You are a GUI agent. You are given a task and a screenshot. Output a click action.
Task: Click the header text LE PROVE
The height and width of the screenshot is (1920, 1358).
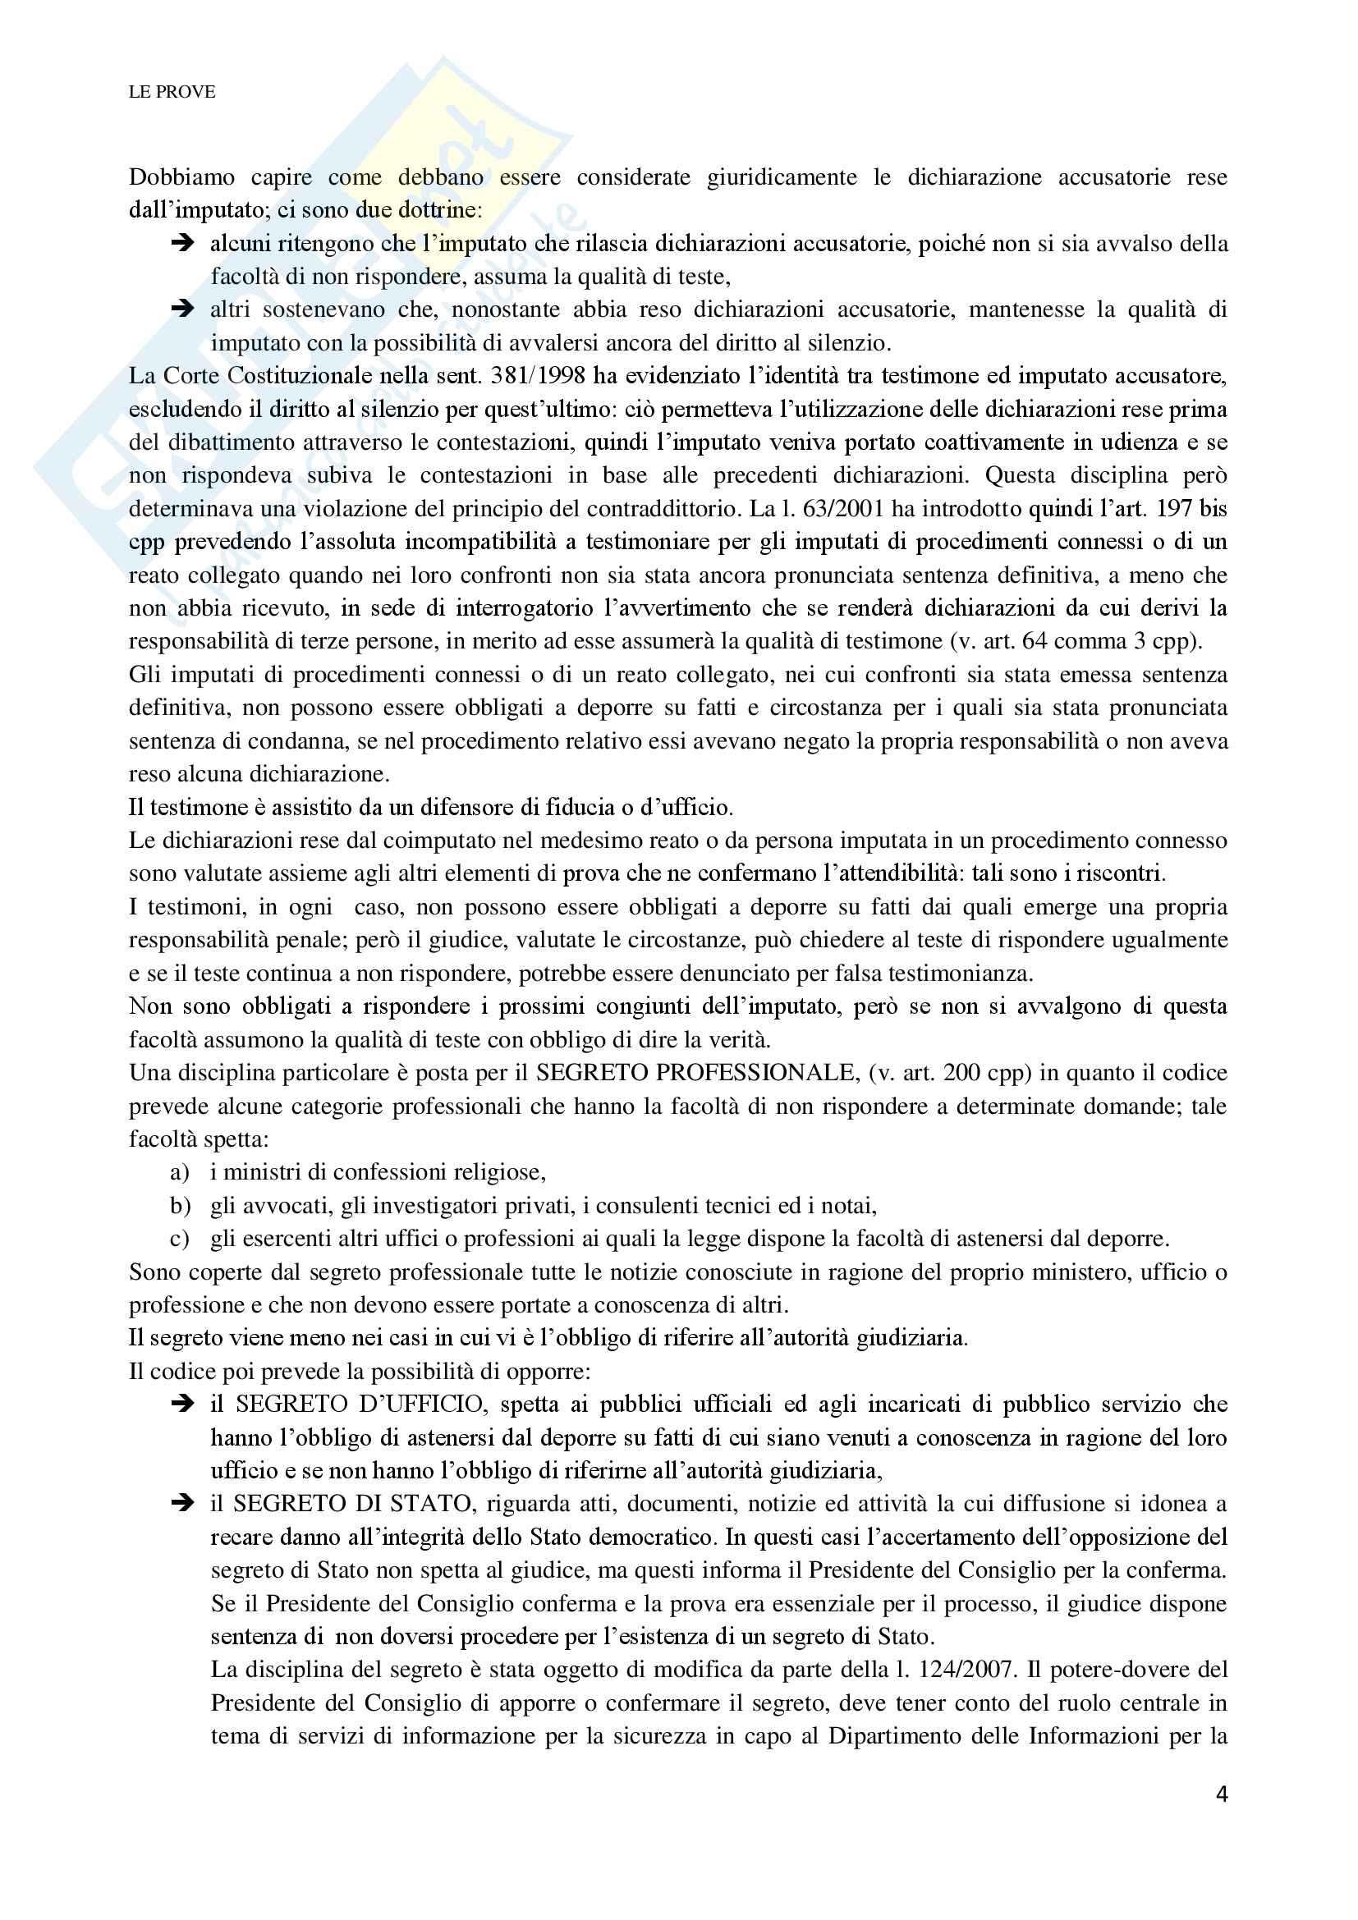tap(172, 92)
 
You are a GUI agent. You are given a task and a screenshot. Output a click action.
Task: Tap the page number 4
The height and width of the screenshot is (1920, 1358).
tap(1222, 1794)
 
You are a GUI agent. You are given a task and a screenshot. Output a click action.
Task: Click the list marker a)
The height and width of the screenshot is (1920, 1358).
tap(179, 1172)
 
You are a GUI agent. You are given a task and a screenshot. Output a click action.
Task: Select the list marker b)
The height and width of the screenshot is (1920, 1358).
tap(180, 1206)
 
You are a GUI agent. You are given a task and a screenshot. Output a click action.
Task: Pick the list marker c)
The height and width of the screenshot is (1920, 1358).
tap(179, 1239)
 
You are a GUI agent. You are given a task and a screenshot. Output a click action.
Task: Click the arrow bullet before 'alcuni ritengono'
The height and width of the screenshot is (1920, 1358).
tap(181, 243)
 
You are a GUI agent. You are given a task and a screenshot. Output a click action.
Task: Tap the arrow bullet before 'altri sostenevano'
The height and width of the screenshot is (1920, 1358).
tap(181, 309)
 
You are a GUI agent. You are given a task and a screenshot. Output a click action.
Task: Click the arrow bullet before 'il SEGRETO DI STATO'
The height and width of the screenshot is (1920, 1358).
tap(181, 1504)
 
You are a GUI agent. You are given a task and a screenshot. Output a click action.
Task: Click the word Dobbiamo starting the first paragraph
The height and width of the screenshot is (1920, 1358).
tap(181, 177)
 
